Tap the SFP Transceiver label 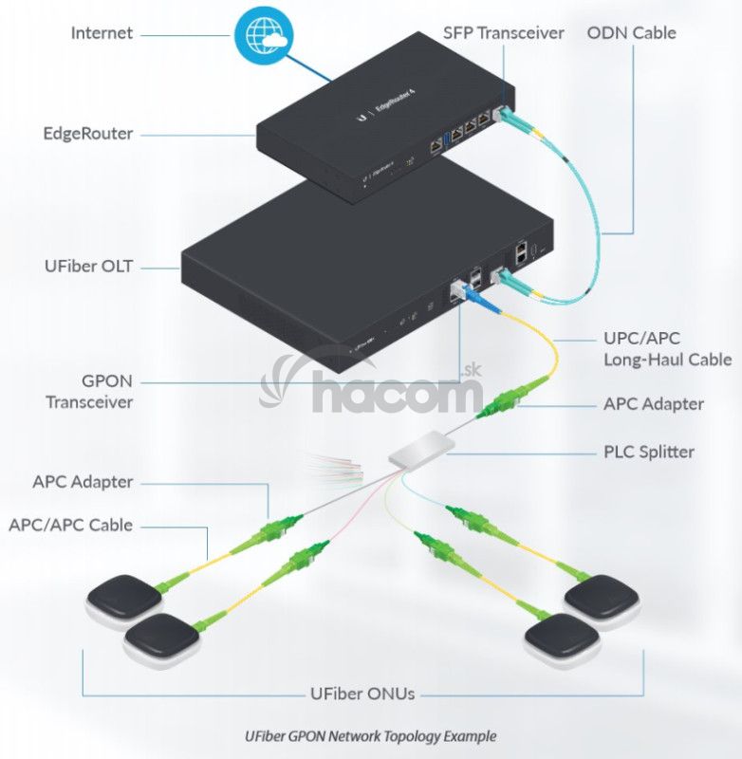coord(503,33)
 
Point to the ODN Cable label coord(631,33)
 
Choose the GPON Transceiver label coord(89,392)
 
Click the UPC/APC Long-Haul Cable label coord(667,348)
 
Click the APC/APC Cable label coord(71,525)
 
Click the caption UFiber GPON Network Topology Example coord(370,735)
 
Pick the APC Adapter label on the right coord(654,404)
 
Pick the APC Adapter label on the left coord(83,482)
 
